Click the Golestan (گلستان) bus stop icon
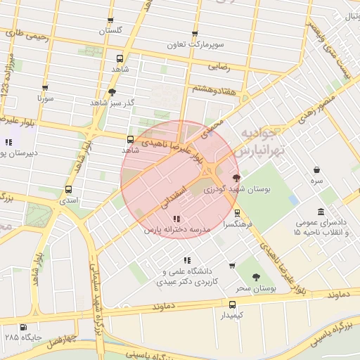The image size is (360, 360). pos(110,21)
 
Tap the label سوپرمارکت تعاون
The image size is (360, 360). pos(195,44)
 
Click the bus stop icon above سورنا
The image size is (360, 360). pos(45,89)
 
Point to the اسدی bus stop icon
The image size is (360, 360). pos(68,189)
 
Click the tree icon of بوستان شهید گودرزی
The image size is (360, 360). pos(236,178)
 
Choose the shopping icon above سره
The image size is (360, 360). pos(317,169)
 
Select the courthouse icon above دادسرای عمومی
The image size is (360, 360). pos(321,212)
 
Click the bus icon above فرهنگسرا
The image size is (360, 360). pos(236,212)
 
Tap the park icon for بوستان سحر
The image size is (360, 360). pos(255,277)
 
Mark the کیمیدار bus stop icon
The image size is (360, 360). pos(232,304)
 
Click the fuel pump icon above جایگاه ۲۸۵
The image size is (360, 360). pos(25,327)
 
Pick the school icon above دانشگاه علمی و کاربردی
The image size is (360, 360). pos(186,260)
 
